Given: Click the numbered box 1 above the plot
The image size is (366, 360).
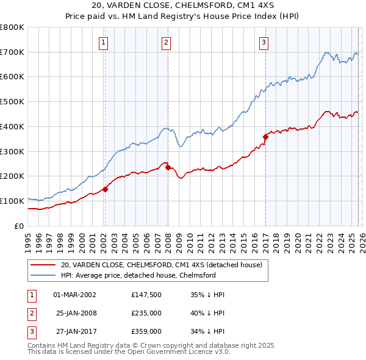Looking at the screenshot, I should (x=104, y=42).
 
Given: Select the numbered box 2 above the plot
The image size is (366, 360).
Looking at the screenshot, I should (x=167, y=42).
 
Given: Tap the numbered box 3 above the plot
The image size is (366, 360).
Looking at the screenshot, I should (x=264, y=42).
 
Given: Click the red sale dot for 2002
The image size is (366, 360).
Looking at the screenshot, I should (x=105, y=189).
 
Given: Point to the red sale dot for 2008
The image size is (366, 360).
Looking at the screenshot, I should (x=168, y=167).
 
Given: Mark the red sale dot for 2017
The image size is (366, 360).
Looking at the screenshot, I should (x=265, y=137).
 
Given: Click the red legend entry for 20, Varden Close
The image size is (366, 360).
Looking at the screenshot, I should (x=161, y=265).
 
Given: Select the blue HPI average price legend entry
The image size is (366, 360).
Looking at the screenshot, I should (x=138, y=275).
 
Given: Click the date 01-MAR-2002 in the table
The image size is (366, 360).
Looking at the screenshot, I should (x=74, y=294).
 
